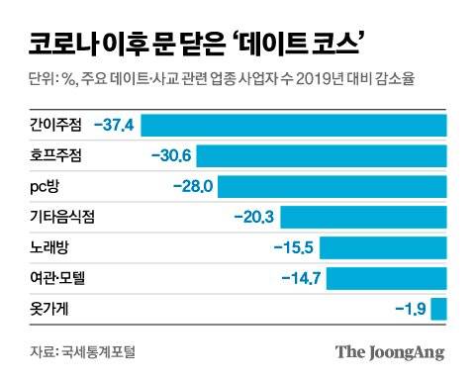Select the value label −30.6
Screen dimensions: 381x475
(x=170, y=156)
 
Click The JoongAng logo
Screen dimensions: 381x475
(x=389, y=352)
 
